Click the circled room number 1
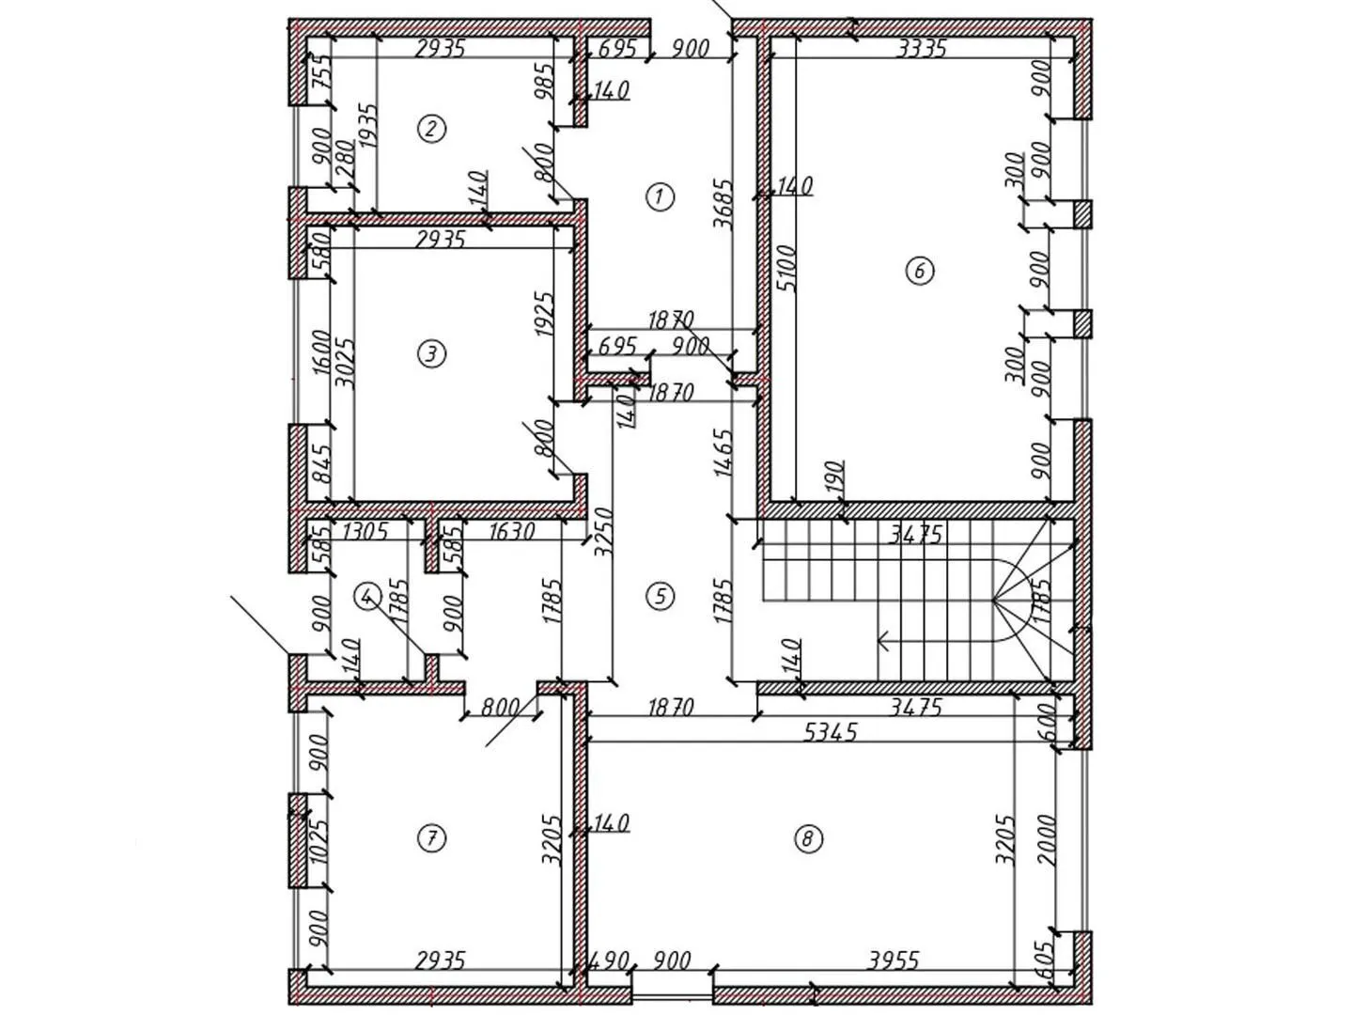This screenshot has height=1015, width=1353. coord(660,197)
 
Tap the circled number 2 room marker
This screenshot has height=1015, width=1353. coord(431,130)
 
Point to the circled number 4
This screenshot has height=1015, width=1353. coord(367,596)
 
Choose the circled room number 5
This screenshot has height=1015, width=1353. coord(661,596)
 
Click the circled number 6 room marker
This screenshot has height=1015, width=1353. coord(920,271)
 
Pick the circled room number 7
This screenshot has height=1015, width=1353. coord(431,837)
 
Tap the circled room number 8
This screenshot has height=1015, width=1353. coord(809,837)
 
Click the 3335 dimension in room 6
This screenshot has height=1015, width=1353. coord(921,48)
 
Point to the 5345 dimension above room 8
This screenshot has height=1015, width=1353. coord(832,732)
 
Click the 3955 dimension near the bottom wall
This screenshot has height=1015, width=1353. coord(894,960)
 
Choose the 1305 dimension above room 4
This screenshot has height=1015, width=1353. coord(365,531)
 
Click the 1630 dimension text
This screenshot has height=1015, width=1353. coord(511,531)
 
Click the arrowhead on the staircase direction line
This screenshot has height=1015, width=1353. coord(882,641)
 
